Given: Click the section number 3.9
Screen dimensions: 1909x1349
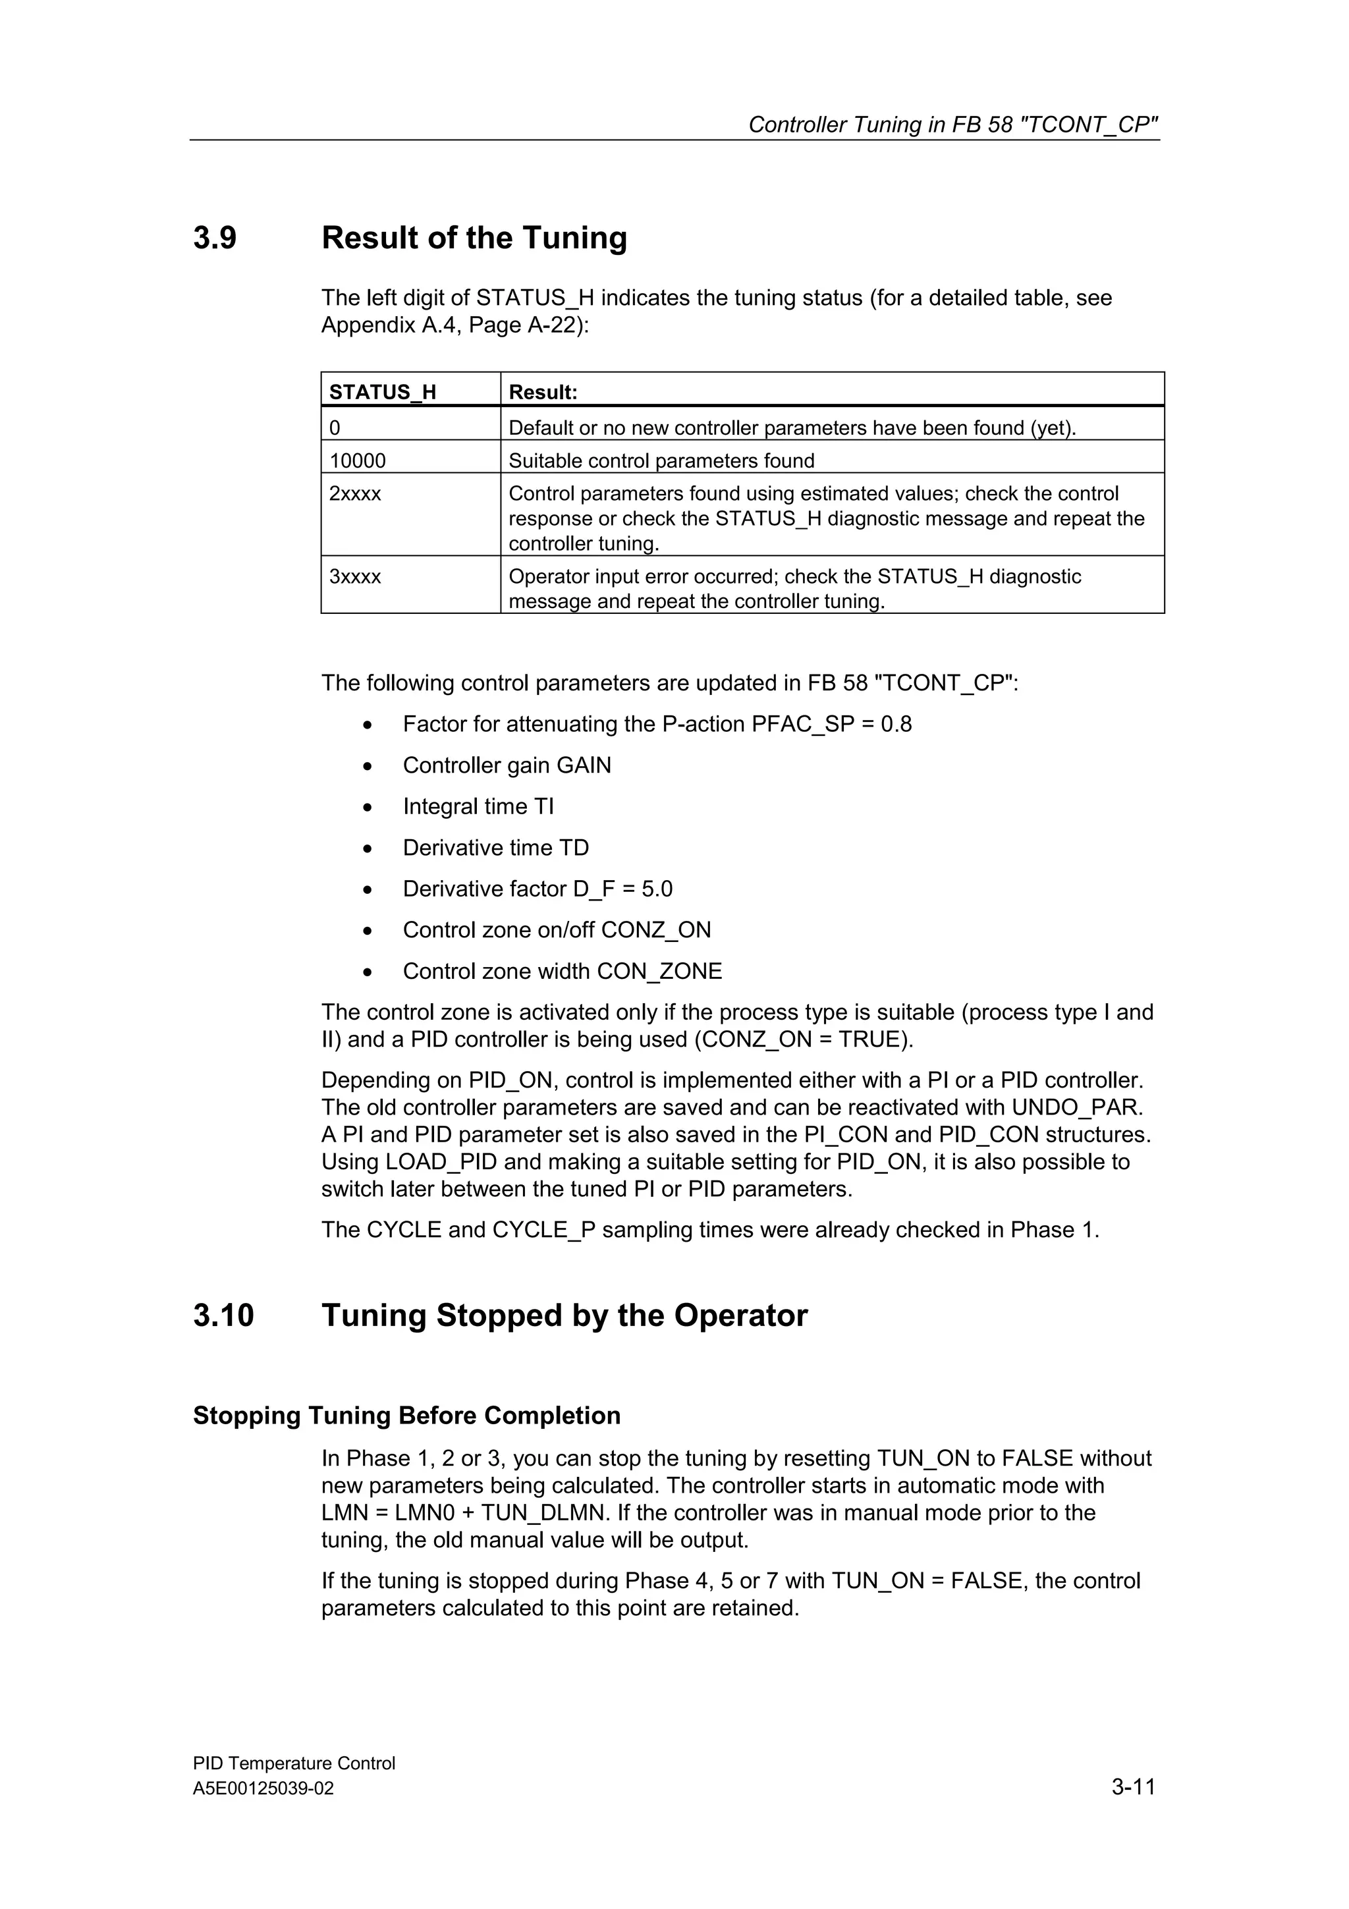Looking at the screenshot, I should click(215, 238).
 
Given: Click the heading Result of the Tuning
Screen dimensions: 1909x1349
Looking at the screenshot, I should click(474, 238).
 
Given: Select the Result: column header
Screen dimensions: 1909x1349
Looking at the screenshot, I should click(543, 391).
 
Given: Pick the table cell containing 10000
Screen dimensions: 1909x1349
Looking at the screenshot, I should click(358, 460).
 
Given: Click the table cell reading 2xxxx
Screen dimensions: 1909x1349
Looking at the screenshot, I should click(355, 494).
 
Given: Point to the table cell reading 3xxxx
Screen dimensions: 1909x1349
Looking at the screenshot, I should click(355, 577).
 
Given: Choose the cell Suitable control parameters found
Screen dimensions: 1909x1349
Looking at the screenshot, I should click(661, 460).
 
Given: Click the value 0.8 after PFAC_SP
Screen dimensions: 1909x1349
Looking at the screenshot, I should click(896, 724).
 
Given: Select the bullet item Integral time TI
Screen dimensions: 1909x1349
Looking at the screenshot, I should click(478, 806).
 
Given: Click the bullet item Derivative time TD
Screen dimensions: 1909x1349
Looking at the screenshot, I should click(495, 848).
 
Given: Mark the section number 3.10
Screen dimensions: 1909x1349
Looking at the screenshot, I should click(223, 1315).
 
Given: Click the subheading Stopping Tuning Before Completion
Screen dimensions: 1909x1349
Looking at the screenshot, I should click(406, 1415).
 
